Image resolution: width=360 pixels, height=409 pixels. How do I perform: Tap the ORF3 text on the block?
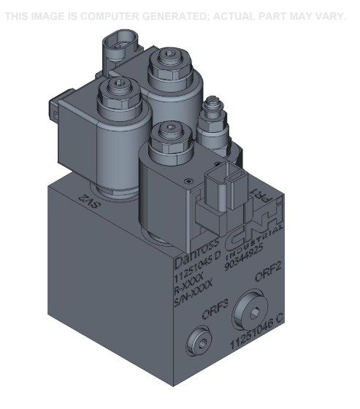point(215,307)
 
